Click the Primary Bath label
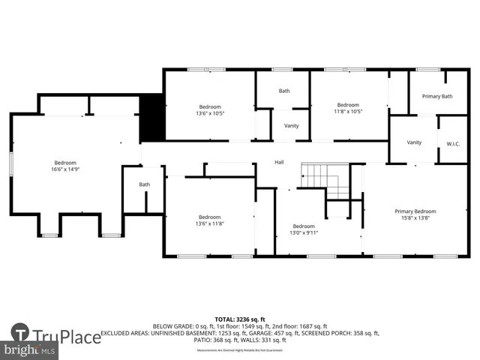tap(436, 96)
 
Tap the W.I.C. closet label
tap(453, 142)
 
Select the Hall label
tap(279, 163)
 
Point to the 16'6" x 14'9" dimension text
tap(64, 170)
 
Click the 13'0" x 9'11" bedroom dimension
tap(304, 232)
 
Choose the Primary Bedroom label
tap(415, 211)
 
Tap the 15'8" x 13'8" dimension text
tap(415, 218)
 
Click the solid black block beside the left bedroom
tap(152, 117)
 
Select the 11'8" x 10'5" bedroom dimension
tap(347, 112)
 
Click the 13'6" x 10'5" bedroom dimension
tap(210, 112)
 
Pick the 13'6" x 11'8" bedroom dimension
tap(210, 223)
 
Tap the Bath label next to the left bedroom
tap(144, 184)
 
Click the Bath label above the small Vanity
tap(284, 91)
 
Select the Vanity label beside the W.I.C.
tap(414, 142)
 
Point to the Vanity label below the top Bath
tap(291, 126)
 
